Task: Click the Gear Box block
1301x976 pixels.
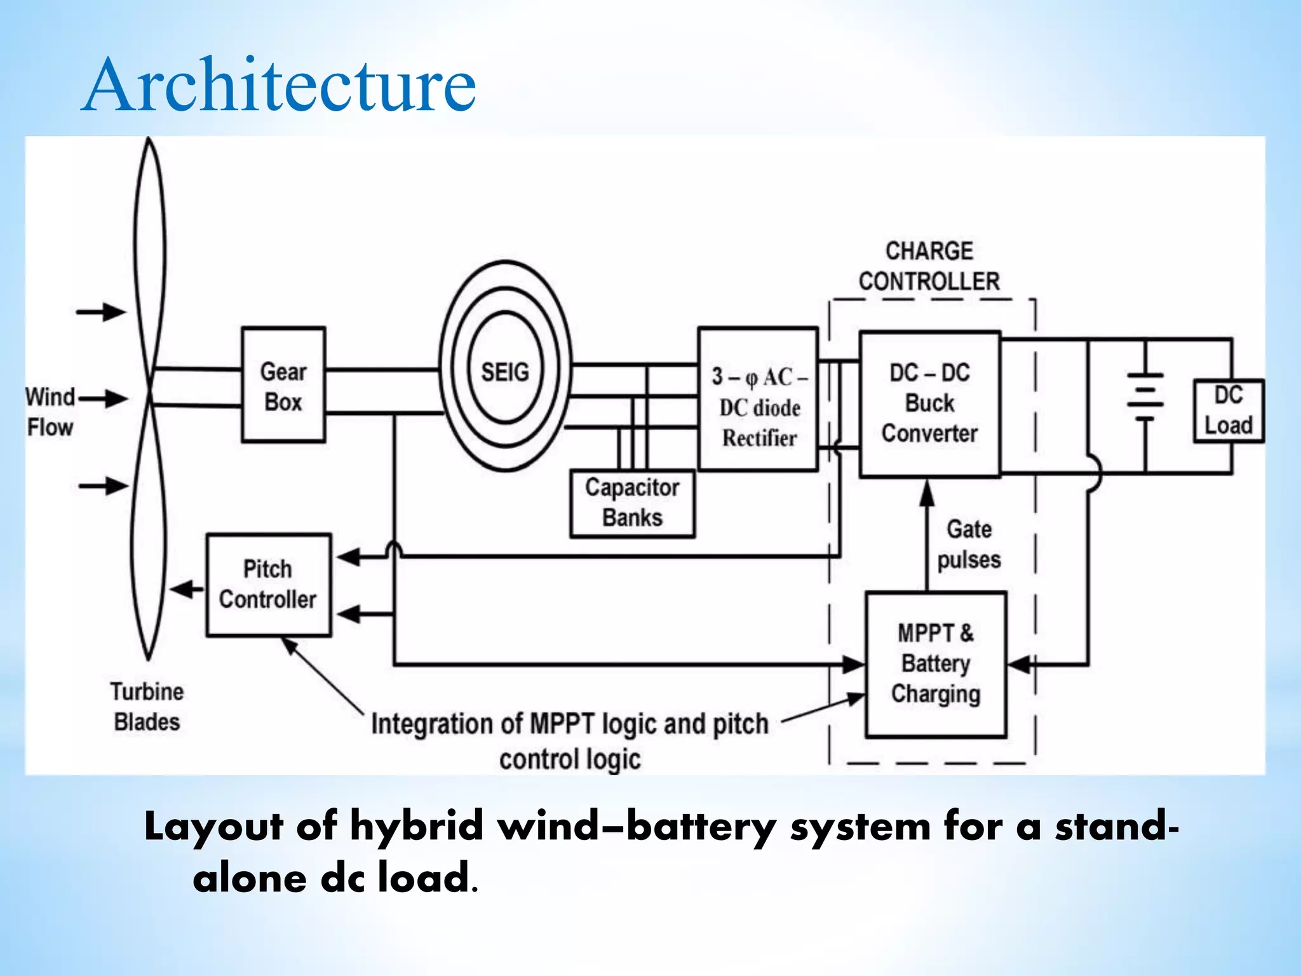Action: [x=283, y=385]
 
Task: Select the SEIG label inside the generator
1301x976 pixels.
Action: [x=505, y=372]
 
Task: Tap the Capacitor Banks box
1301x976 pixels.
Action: [x=632, y=503]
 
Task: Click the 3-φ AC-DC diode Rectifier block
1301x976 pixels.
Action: [x=758, y=399]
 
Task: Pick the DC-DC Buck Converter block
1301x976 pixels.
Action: [x=929, y=403]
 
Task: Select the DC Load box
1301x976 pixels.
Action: [x=1229, y=410]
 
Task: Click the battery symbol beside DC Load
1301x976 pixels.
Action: [x=1145, y=397]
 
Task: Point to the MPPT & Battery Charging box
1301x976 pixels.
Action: [x=936, y=664]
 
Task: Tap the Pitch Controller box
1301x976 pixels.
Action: [x=268, y=585]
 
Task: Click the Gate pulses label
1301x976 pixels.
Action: [x=969, y=545]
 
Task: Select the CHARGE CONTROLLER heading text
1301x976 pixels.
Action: [x=929, y=266]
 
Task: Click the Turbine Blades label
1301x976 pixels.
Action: [x=147, y=707]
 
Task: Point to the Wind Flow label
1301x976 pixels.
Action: [x=50, y=412]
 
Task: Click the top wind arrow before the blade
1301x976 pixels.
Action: [x=102, y=312]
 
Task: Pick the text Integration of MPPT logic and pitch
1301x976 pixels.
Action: [x=570, y=724]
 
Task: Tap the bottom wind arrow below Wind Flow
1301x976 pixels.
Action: [x=104, y=486]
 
